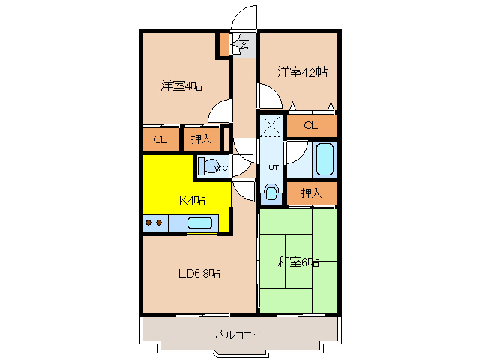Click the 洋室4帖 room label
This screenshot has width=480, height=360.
pyautogui.click(x=181, y=85)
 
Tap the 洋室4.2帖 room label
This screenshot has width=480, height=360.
pyautogui.click(x=302, y=72)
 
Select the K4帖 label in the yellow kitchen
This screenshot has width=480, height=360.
pyautogui.click(x=191, y=200)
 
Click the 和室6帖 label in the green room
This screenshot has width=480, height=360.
pyautogui.click(x=298, y=262)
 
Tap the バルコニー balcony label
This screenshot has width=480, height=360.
pyautogui.click(x=238, y=334)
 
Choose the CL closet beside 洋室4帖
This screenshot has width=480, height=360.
pyautogui.click(x=160, y=139)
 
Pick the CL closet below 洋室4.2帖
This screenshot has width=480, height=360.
pyautogui.click(x=311, y=125)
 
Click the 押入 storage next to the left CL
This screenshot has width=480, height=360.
pyautogui.click(x=200, y=139)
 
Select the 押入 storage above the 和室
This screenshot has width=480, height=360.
pyautogui.click(x=311, y=193)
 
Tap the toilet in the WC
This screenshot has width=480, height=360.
pyautogui.click(x=210, y=167)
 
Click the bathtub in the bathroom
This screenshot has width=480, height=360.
pyautogui.click(x=324, y=158)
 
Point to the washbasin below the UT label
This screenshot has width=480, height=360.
pyautogui.click(x=271, y=192)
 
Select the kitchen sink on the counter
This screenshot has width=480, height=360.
pyautogui.click(x=199, y=223)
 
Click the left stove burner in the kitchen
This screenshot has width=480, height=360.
pyautogui.click(x=148, y=223)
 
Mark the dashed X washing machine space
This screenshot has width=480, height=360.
pyautogui.click(x=271, y=124)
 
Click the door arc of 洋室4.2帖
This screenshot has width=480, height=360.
pyautogui.click(x=268, y=95)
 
